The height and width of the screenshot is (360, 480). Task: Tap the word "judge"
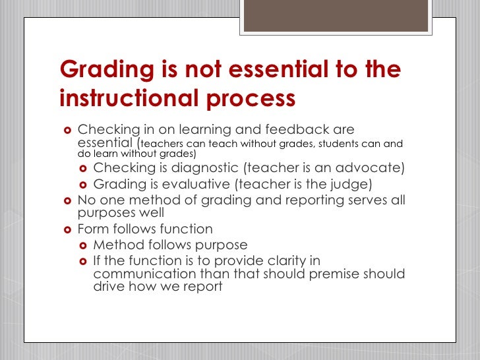(349, 184)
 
